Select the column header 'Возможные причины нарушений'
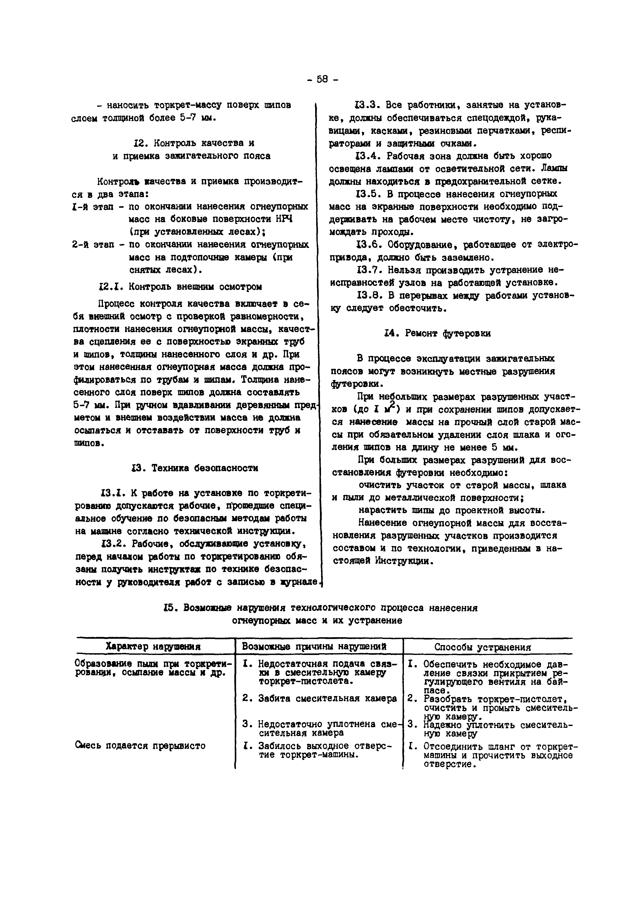tap(314, 647)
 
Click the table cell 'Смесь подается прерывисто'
tap(140, 746)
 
